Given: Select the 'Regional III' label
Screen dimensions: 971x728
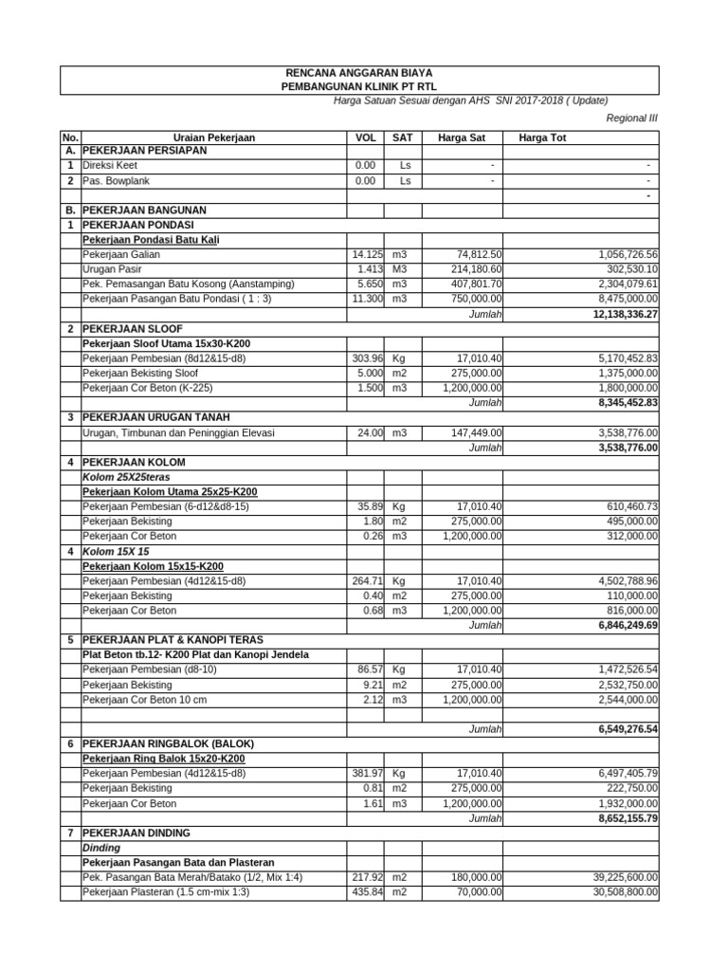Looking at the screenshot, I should (631, 119).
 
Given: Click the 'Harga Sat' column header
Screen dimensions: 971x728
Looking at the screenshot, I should (461, 137).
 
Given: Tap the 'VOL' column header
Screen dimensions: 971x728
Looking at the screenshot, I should (365, 137).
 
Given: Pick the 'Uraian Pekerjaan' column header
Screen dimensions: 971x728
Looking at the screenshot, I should (214, 137).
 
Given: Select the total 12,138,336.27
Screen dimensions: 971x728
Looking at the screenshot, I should (612, 313).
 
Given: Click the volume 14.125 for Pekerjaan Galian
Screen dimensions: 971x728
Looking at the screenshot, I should (366, 254).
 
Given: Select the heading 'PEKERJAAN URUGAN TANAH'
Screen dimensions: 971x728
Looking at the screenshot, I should (155, 417).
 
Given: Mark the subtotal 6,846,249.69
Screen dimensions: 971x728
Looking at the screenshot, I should (615, 626).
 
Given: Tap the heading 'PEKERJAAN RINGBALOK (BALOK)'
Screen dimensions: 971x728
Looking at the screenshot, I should (169, 743).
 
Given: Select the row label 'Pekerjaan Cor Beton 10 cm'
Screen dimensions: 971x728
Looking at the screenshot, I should (142, 700).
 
